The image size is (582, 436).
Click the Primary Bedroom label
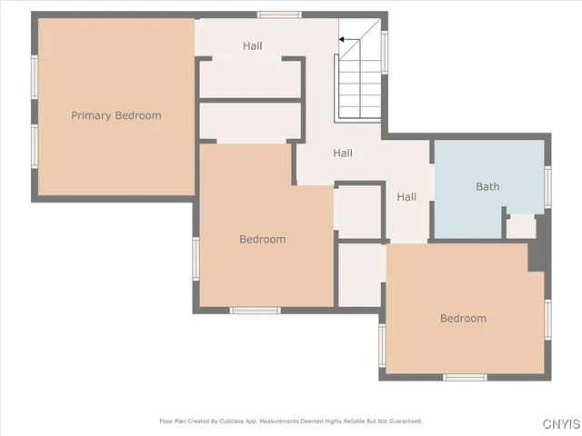click(x=116, y=115)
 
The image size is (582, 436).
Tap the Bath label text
click(x=487, y=186)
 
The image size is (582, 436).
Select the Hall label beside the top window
click(x=253, y=45)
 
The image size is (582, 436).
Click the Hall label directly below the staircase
click(x=343, y=154)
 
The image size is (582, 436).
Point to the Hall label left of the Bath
click(x=406, y=197)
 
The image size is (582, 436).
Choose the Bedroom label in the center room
click(x=263, y=240)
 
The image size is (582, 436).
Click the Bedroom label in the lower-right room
click(x=463, y=318)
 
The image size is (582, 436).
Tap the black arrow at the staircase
click(x=345, y=40)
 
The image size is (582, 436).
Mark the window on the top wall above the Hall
click(x=279, y=15)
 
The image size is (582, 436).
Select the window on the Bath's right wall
click(x=547, y=187)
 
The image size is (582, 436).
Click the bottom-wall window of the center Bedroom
click(x=255, y=311)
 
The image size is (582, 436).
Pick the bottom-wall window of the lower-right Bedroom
click(x=465, y=376)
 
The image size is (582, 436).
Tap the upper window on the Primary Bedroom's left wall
click(x=35, y=77)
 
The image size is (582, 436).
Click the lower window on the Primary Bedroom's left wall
click(x=35, y=146)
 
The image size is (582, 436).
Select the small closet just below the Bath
click(x=521, y=227)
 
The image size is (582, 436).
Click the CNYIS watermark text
click(x=562, y=424)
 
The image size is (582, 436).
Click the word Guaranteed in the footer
click(x=403, y=421)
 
